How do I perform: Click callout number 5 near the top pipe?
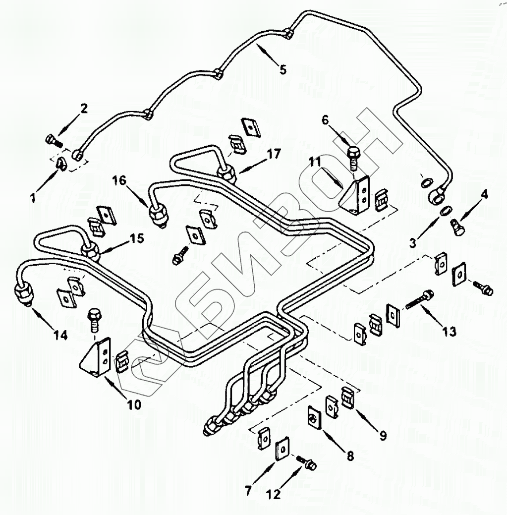[282, 69]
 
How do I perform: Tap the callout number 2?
[84, 109]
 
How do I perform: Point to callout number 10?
[134, 404]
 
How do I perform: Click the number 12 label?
[273, 494]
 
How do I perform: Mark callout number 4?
[484, 194]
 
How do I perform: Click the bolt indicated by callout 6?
[353, 156]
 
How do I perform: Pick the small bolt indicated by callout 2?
[52, 141]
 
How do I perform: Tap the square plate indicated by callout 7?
[282, 449]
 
